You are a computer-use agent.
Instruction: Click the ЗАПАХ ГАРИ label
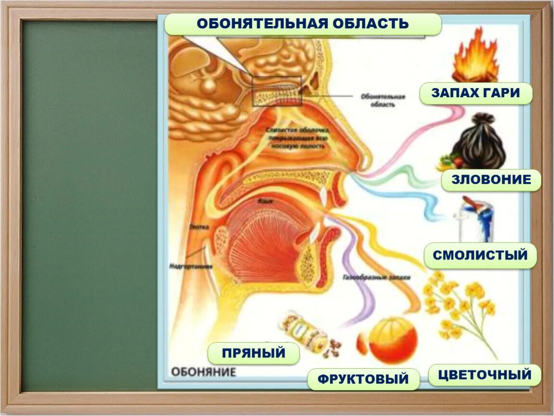[475, 93]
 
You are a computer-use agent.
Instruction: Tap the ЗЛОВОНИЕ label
[491, 180]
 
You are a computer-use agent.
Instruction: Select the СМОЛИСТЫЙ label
[480, 255]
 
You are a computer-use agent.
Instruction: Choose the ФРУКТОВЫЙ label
[363, 379]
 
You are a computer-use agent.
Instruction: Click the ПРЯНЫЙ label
[253, 353]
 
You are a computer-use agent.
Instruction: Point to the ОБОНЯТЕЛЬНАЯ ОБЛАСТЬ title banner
[303, 24]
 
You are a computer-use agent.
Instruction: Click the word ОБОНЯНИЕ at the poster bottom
[204, 372]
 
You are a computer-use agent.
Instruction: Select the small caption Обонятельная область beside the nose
[383, 100]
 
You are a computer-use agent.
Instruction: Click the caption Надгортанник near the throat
[190, 265]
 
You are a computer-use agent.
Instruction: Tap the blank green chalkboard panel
[90, 202]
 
